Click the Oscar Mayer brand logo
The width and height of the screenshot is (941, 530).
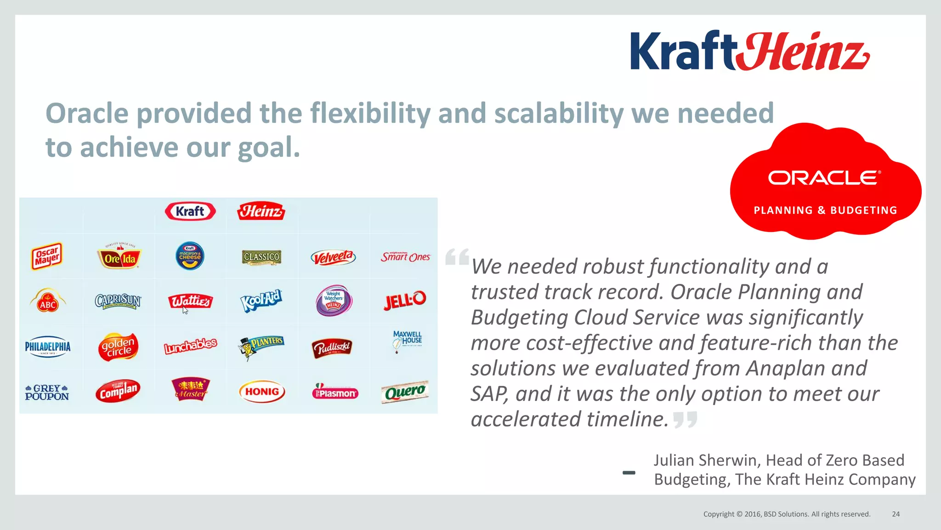47,256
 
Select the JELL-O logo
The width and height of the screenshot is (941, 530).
405,300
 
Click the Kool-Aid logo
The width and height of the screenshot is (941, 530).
261,301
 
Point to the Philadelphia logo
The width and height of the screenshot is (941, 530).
48,346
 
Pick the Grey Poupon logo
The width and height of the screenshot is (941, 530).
47,392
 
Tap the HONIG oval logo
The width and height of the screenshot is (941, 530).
262,392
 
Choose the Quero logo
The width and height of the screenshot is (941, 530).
405,392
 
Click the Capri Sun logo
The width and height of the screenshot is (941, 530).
118,301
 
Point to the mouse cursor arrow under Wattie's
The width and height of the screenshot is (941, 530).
185,311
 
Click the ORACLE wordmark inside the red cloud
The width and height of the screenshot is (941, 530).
824,178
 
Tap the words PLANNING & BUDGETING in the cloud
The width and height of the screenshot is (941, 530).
825,210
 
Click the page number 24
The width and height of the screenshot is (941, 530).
896,514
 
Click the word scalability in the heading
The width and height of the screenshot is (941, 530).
558,113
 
